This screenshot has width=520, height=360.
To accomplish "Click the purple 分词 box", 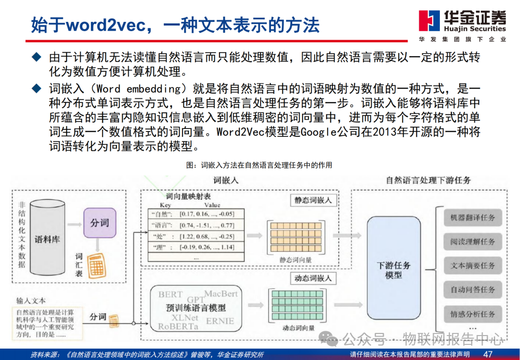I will click(99, 223).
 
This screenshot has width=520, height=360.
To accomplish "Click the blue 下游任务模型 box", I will click(394, 269).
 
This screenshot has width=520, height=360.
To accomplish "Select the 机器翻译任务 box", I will click(472, 217).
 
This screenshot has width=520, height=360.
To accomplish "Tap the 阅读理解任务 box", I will click(472, 241).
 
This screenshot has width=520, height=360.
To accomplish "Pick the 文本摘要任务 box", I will click(472, 265).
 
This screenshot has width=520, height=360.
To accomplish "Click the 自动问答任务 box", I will click(472, 289).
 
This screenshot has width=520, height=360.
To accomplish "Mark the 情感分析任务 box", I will click(472, 314).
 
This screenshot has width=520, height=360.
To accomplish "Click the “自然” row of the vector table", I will click(193, 214).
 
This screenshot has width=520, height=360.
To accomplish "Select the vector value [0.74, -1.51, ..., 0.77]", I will click(206, 225).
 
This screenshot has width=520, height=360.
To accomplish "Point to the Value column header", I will click(212, 205).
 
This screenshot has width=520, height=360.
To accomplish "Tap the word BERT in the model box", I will click(171, 294).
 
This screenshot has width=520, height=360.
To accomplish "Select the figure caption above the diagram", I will click(259, 165).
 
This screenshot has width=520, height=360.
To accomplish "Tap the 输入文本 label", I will click(31, 300).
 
